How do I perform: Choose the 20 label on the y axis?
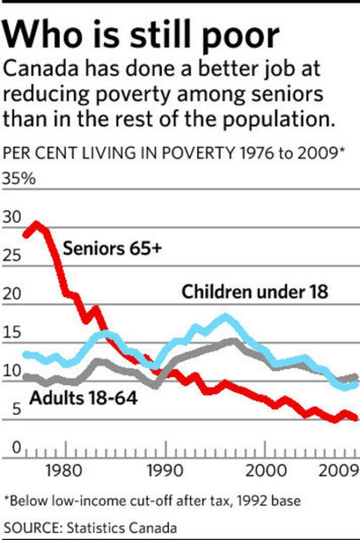click(11, 294)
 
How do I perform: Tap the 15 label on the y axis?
click(11, 333)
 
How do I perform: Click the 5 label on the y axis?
click(16, 409)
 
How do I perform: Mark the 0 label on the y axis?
click(16, 448)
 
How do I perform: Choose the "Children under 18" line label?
click(254, 292)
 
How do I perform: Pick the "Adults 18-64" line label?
click(83, 398)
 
